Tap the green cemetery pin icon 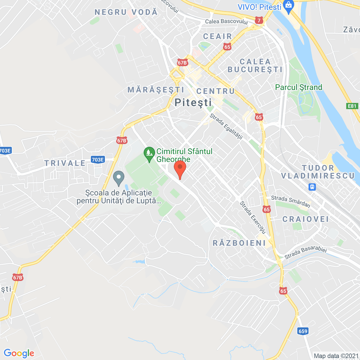149,154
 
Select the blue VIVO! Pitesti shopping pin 289,6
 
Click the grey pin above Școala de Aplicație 119,178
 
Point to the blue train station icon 312,187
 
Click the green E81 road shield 352,106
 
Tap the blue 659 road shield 303,331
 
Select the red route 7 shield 259,20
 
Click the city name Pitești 193,103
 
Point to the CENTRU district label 215,91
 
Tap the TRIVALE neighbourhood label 65,163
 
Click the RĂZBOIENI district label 239,243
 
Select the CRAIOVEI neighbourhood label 305,219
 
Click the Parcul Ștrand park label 298,87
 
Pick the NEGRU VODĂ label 126,12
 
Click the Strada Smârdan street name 291,201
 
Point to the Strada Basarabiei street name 305,252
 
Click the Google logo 19,353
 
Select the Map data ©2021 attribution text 336,356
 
